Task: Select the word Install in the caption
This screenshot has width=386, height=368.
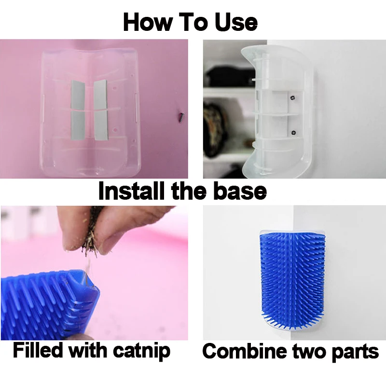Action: tap(131, 191)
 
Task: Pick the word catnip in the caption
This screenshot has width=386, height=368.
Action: tap(142, 351)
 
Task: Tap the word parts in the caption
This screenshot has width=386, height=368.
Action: tap(355, 352)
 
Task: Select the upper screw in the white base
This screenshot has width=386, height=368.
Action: tap(293, 98)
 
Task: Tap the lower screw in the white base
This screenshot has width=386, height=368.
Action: tap(293, 133)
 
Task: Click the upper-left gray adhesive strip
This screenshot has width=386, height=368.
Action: tap(78, 95)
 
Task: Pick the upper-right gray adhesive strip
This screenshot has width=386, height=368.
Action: tap(100, 94)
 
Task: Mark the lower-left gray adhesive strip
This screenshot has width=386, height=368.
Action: tap(79, 125)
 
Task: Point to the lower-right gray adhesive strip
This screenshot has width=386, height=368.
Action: tap(100, 125)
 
